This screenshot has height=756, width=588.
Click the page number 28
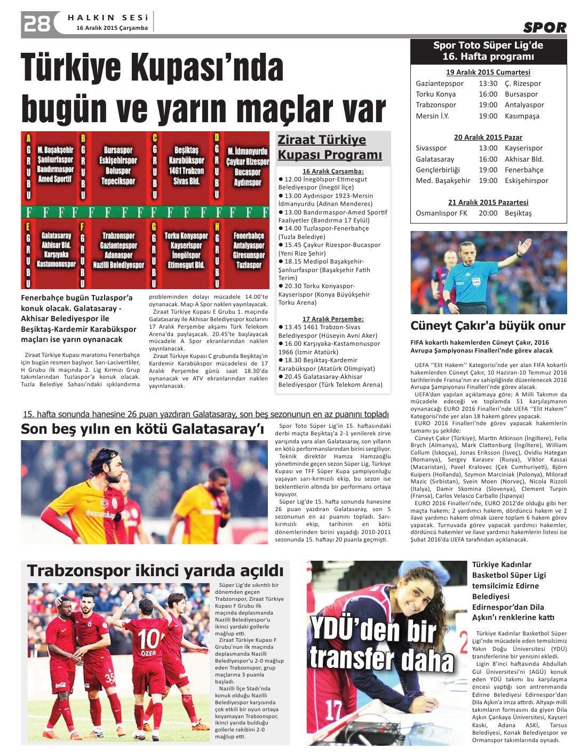37,24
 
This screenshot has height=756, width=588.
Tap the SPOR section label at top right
544,28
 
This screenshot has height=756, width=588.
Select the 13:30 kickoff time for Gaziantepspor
488,84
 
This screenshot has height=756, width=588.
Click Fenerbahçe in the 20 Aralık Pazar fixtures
524,170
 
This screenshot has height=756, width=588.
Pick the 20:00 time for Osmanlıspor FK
488,213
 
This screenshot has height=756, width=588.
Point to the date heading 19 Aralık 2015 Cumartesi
488,73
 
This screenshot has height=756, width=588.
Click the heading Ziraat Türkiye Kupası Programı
330,147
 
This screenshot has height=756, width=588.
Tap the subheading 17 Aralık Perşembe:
333,319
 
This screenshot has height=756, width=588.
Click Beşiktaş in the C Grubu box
186,150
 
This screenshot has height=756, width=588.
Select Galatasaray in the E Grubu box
56,236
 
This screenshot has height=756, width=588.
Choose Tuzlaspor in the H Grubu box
249,265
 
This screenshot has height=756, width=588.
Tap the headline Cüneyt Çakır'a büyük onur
488,326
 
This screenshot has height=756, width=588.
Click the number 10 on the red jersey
149,639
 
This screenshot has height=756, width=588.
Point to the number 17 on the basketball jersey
333,710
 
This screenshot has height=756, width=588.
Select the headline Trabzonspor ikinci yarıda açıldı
155,571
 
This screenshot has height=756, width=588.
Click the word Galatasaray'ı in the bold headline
218,429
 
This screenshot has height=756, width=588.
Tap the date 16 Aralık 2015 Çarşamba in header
112,28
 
